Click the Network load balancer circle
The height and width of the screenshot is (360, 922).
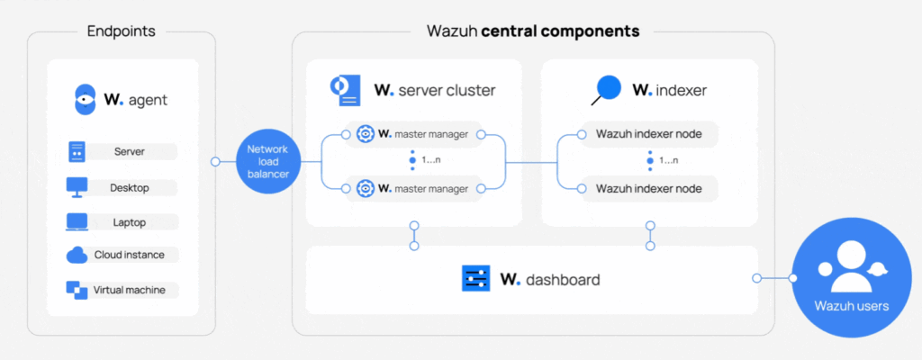[x=268, y=162]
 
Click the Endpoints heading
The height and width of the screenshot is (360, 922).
[x=121, y=31]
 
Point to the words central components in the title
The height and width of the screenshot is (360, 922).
[x=560, y=31]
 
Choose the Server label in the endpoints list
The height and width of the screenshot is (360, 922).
[x=130, y=152]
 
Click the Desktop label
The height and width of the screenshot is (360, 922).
[x=130, y=188]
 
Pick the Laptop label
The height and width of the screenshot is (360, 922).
[x=130, y=222]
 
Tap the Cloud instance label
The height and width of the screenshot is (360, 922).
[x=130, y=256]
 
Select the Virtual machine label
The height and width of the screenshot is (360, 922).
[x=130, y=290]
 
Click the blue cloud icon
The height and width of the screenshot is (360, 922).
[x=77, y=256]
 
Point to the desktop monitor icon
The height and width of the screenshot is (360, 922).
[x=77, y=188]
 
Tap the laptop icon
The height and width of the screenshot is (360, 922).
[x=77, y=222]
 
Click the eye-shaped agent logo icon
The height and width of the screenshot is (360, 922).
[x=84, y=100]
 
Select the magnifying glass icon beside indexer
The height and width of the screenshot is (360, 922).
[x=607, y=89]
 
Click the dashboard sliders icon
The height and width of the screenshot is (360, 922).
[x=475, y=279]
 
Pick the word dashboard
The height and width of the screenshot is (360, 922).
[x=563, y=280]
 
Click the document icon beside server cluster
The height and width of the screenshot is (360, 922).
[x=345, y=89]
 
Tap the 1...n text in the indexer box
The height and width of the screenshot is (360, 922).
[x=669, y=160]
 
